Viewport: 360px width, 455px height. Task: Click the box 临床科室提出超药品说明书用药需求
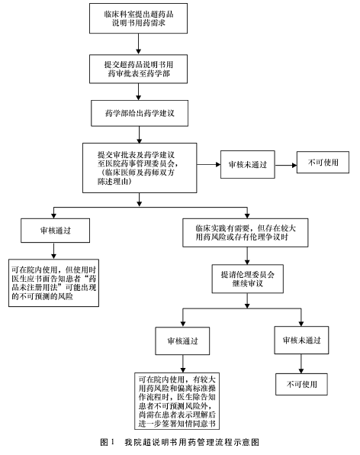[x=138, y=18]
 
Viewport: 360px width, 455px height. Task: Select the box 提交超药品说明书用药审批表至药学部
[x=138, y=69]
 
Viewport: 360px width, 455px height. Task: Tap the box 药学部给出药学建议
[x=140, y=113]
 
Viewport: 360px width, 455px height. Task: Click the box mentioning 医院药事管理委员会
[x=140, y=168]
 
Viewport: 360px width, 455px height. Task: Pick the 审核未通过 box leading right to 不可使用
[x=248, y=165]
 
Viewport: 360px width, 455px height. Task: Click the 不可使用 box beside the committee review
[x=323, y=162]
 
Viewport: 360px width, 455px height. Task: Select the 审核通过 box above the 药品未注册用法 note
[x=55, y=231]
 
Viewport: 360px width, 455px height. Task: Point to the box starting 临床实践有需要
[x=246, y=233]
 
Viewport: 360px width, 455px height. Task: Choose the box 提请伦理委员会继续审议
[x=248, y=279]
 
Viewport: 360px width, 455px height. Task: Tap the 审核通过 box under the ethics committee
[x=182, y=341]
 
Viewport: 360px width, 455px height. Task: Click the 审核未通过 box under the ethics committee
[x=301, y=340]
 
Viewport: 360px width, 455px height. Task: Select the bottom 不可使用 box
[x=301, y=384]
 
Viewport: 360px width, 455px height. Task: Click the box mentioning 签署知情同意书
[x=177, y=401]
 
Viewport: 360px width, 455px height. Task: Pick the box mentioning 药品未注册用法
[x=53, y=283]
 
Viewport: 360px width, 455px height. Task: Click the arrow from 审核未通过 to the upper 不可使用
[x=286, y=165]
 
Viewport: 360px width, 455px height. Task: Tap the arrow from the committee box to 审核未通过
[x=209, y=165]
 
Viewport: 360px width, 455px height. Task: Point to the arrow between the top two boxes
[x=139, y=44]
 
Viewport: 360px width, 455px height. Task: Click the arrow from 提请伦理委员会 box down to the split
[x=247, y=301]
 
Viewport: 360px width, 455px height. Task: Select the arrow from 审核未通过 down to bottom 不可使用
[x=301, y=363]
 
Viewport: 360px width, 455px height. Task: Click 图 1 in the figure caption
[x=108, y=442]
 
